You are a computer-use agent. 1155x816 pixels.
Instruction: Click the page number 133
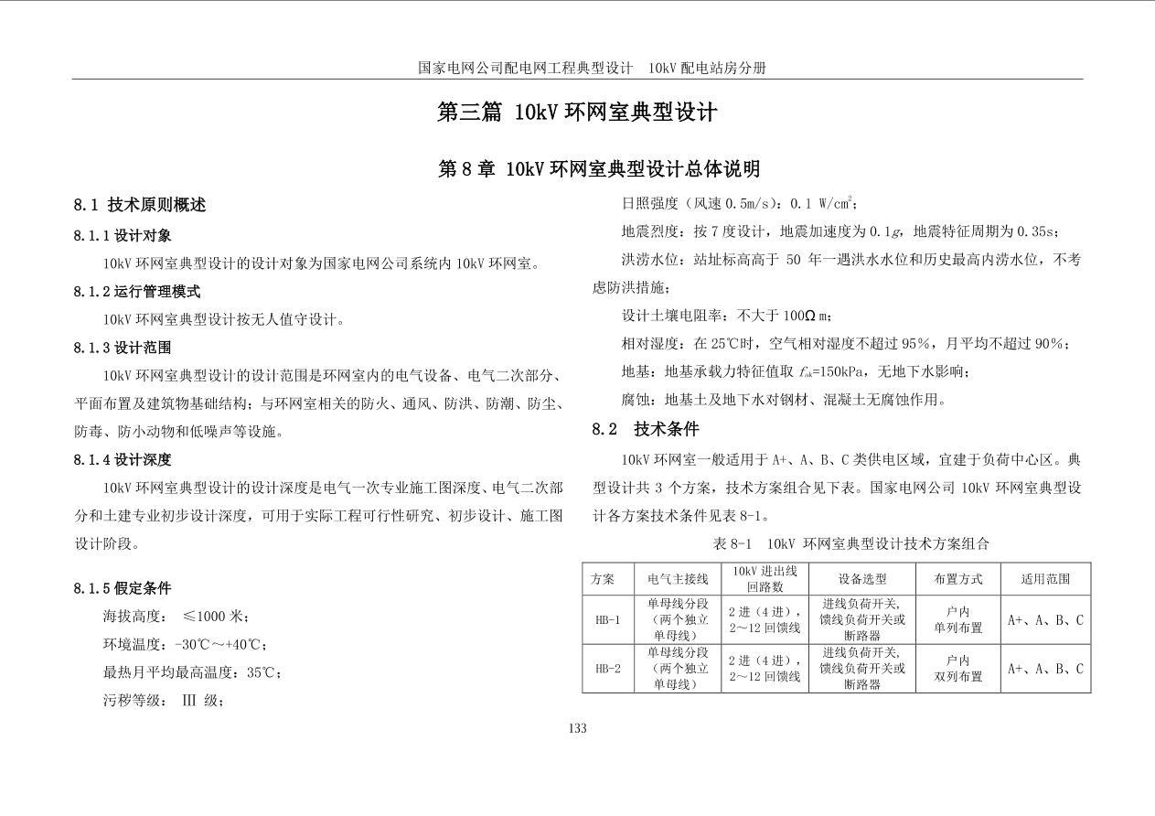[577, 728]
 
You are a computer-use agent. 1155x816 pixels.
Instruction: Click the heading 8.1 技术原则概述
[140, 205]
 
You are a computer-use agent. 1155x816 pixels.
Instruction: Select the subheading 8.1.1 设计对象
[123, 236]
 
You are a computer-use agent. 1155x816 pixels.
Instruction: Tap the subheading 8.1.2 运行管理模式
[137, 292]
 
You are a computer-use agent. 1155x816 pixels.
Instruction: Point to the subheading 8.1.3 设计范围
[123, 348]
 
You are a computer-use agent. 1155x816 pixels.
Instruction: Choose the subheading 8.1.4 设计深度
[123, 459]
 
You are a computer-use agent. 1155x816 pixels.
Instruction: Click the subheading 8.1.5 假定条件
[123, 588]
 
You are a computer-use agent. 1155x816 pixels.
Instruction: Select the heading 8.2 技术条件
[646, 429]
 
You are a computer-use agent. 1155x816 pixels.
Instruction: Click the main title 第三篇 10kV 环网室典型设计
[577, 113]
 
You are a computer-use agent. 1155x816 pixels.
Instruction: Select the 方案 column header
[603, 579]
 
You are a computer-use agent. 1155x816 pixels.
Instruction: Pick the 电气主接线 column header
[678, 579]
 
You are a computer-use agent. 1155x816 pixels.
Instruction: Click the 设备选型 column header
[862, 579]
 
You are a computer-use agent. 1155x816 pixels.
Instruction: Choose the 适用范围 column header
[1045, 579]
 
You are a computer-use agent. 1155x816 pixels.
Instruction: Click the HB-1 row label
[607, 620]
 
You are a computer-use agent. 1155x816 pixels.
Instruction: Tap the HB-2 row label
[607, 669]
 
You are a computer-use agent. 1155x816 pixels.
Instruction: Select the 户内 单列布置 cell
[957, 620]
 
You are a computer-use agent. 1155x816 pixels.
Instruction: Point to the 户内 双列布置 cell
[957, 669]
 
